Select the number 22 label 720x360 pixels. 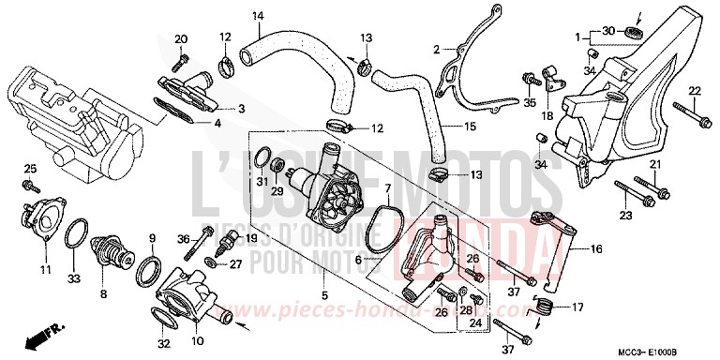[695, 90]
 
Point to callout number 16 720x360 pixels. [595, 248]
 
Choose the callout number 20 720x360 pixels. [181, 37]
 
